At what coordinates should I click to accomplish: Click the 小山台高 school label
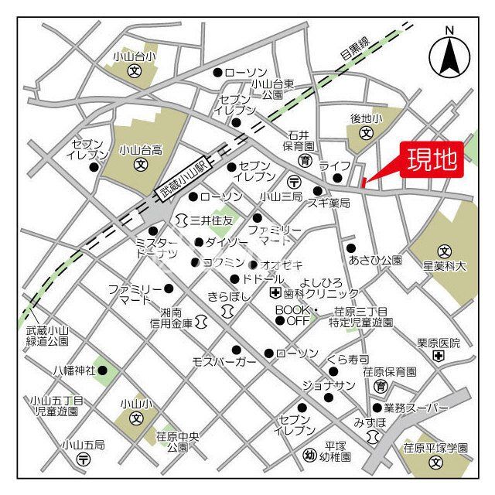click(x=142, y=150)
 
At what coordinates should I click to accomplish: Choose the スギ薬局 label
click(x=329, y=203)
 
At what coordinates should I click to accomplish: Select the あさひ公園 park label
click(x=376, y=260)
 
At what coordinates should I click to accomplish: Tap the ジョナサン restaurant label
click(x=329, y=385)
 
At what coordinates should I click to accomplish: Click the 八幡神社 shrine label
click(x=74, y=370)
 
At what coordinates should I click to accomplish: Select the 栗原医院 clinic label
click(x=439, y=343)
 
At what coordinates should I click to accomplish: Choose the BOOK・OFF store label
click(x=293, y=315)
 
